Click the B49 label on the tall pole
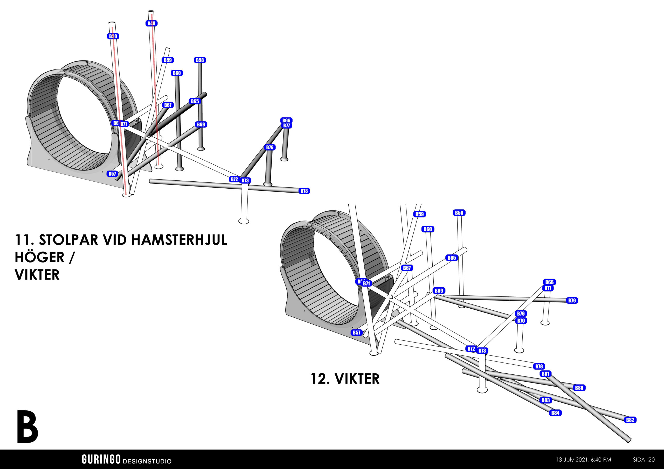click(151, 23)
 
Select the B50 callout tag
click(113, 36)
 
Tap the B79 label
click(572, 301)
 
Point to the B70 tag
click(521, 321)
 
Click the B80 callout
click(579, 388)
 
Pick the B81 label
click(545, 374)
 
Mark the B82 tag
click(630, 420)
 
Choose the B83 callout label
click(545, 400)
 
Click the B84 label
click(555, 413)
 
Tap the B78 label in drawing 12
click(539, 366)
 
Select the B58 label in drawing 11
click(200, 60)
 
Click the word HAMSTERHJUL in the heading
click(179, 240)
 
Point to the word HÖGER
click(40, 257)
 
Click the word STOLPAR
click(68, 240)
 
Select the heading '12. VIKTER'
click(345, 379)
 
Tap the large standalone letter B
click(27, 427)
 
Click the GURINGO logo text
click(101, 459)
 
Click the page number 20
click(652, 459)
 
